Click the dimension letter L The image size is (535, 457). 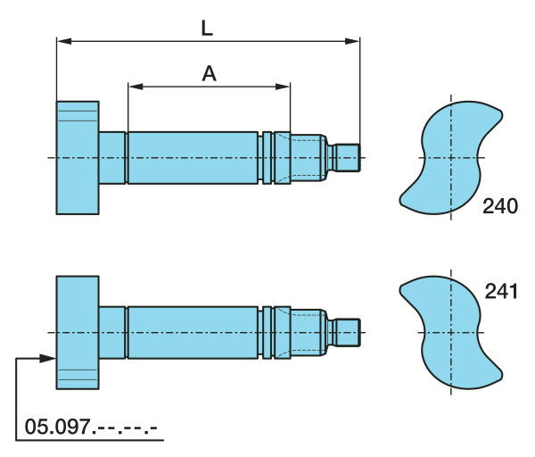(x=207, y=29)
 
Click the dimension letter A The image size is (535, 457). (x=210, y=73)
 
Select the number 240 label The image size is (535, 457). (x=500, y=206)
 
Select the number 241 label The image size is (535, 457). (x=501, y=292)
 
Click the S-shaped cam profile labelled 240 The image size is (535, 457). (x=450, y=157)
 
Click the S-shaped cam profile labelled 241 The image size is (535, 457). (x=450, y=332)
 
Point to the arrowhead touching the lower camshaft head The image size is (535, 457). (x=48, y=358)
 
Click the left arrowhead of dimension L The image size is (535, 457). (x=64, y=41)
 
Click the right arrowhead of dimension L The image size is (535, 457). (x=352, y=41)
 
